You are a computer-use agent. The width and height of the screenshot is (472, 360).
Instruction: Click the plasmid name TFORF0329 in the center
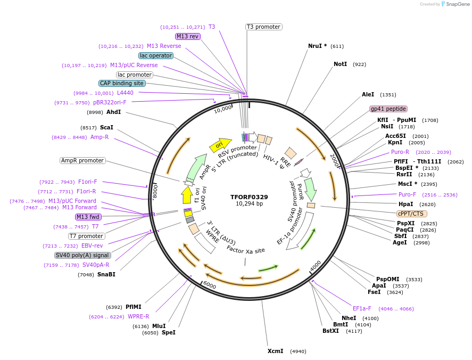(x=249, y=197)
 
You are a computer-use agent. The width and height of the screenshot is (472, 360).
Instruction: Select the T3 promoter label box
(x=264, y=27)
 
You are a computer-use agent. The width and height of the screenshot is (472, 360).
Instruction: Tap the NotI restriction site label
(x=340, y=64)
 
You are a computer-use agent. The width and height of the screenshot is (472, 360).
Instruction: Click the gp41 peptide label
(x=388, y=109)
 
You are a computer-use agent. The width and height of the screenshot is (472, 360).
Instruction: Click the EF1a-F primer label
(x=362, y=308)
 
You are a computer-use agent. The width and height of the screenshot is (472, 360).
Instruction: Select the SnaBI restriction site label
(x=106, y=274)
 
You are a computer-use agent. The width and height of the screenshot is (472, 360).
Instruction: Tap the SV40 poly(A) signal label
(x=83, y=255)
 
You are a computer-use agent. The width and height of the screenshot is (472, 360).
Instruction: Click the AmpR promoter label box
(x=82, y=160)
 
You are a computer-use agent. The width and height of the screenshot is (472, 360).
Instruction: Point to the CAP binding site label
(x=122, y=83)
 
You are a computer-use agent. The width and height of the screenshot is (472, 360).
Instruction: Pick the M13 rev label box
(x=187, y=36)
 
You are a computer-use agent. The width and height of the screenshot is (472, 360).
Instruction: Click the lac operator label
(x=155, y=55)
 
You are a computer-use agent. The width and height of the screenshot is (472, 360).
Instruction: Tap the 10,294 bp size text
(x=249, y=204)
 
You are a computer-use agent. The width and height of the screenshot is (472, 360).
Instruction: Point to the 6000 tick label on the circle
(x=210, y=285)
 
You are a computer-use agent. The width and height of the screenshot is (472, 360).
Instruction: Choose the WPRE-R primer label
(x=138, y=316)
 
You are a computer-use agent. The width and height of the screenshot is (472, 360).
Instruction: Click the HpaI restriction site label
(x=405, y=204)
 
